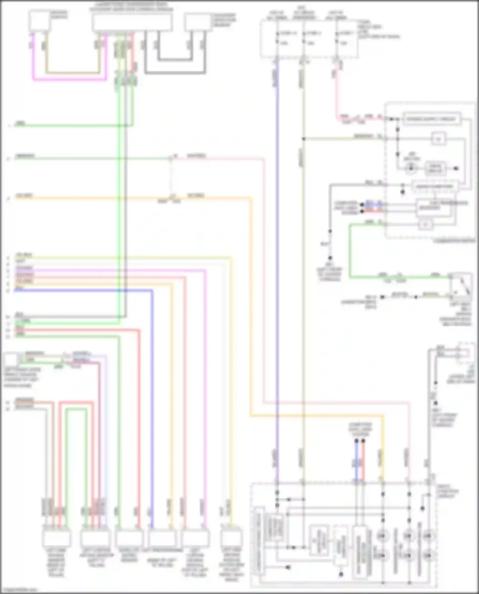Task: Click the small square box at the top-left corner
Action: [x=39, y=21]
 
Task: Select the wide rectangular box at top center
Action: [x=132, y=22]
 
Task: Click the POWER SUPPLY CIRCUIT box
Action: [x=431, y=119]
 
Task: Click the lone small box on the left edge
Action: [x=11, y=359]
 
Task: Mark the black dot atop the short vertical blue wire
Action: [x=356, y=441]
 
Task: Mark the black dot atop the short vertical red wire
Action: [x=363, y=441]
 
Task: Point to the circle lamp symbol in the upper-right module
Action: [x=411, y=168]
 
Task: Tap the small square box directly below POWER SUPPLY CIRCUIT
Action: [x=438, y=139]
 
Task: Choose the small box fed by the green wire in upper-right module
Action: [x=425, y=225]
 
